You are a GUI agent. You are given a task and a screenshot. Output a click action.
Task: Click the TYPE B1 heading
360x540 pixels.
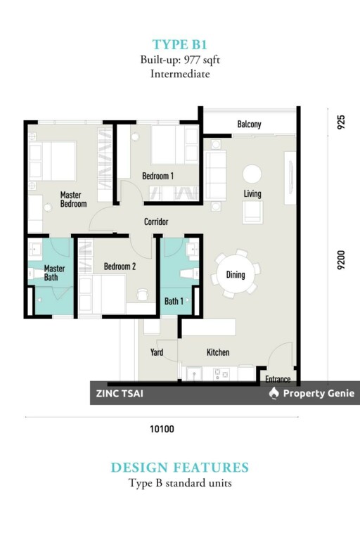tap(180, 45)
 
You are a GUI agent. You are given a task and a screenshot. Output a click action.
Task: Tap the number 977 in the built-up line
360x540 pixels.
tap(192, 60)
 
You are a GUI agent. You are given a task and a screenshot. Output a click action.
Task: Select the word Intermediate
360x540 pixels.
tap(180, 74)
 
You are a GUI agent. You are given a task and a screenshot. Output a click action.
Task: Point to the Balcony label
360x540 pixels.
tap(249, 124)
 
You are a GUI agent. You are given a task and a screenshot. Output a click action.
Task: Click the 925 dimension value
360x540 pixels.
tap(341, 122)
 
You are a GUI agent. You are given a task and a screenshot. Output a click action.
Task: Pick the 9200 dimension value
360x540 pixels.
tap(341, 260)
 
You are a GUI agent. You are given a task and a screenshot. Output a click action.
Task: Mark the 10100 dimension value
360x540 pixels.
tap(162, 429)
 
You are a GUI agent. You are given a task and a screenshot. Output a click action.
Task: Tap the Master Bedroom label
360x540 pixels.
tap(73, 200)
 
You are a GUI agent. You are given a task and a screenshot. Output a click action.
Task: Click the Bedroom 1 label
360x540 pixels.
tap(157, 176)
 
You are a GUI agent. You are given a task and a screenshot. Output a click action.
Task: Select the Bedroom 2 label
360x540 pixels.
tap(120, 266)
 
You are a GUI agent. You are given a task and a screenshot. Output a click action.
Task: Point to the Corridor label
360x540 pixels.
tap(156, 221)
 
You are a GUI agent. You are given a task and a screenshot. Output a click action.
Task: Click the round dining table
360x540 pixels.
tap(236, 274)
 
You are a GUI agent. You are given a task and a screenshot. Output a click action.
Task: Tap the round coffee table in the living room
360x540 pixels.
tap(252, 174)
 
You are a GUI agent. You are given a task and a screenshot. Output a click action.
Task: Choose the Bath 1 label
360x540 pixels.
tap(174, 302)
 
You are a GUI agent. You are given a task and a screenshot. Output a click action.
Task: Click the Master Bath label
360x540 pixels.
tap(54, 273)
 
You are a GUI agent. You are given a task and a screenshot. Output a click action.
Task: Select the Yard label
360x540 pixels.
tap(157, 352)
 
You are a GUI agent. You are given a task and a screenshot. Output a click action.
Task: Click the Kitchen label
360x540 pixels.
tap(218, 352)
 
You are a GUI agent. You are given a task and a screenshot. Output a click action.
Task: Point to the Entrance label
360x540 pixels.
tap(278, 379)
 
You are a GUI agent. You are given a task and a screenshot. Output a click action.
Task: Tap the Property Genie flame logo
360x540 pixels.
tap(274, 393)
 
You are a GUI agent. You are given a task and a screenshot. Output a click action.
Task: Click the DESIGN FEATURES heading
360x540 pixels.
tap(180, 468)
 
